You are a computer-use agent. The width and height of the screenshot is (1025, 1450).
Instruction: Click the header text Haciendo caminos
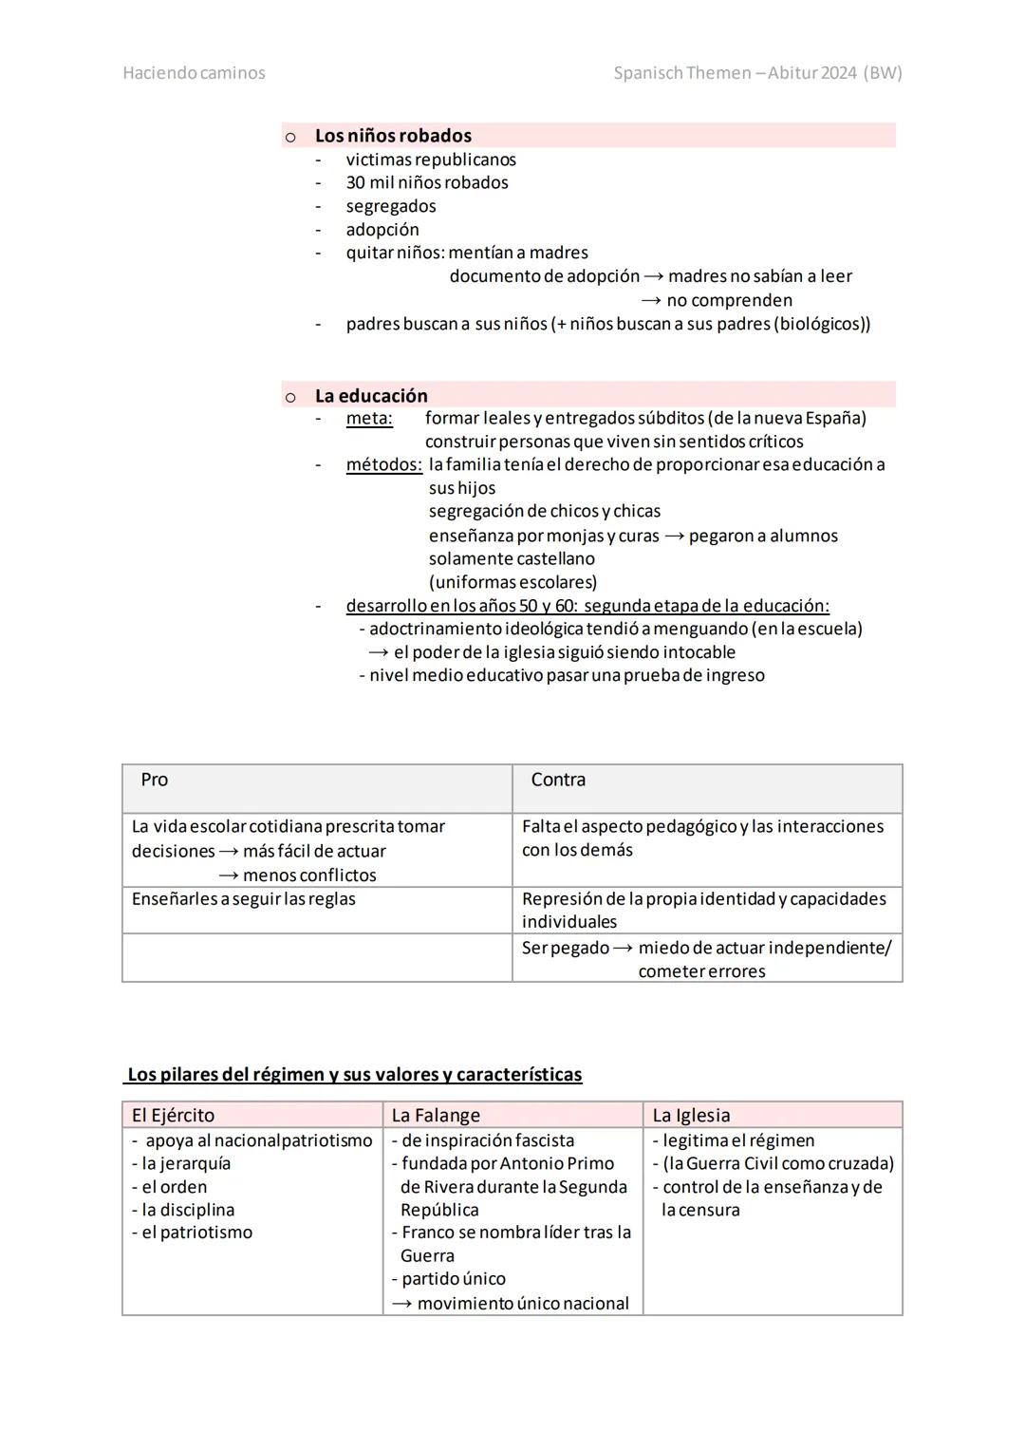[x=194, y=73]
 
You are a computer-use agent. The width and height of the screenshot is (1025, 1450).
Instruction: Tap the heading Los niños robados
[x=393, y=136]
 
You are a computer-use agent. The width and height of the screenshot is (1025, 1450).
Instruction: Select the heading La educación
[x=371, y=396]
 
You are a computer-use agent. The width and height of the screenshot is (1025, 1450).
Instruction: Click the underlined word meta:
[x=369, y=419]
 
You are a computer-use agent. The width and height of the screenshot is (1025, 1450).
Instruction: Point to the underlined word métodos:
[x=383, y=465]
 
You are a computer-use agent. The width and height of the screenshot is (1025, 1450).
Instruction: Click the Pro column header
[x=154, y=781]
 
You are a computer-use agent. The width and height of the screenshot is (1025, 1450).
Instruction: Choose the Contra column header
[x=558, y=781]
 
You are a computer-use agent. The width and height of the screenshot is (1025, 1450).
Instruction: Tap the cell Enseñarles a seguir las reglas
[x=244, y=899]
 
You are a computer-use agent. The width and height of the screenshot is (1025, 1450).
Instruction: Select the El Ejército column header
[x=173, y=1116]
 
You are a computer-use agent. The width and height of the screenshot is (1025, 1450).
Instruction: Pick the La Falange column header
[x=436, y=1116]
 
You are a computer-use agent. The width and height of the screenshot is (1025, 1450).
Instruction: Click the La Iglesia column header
[x=691, y=1116]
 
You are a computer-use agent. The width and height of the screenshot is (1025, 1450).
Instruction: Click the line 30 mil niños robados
[x=427, y=183]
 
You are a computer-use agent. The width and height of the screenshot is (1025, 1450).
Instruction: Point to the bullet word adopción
[x=382, y=230]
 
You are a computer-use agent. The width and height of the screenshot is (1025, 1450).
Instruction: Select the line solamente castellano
[x=512, y=559]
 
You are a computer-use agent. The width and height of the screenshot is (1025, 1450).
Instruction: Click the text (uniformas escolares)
[x=512, y=582]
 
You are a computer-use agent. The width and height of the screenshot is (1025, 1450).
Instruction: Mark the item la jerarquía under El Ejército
[x=186, y=1164]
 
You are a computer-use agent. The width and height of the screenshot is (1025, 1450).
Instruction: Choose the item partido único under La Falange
[x=454, y=1279]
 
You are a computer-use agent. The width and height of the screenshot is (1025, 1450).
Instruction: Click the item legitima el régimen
[x=738, y=1140]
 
